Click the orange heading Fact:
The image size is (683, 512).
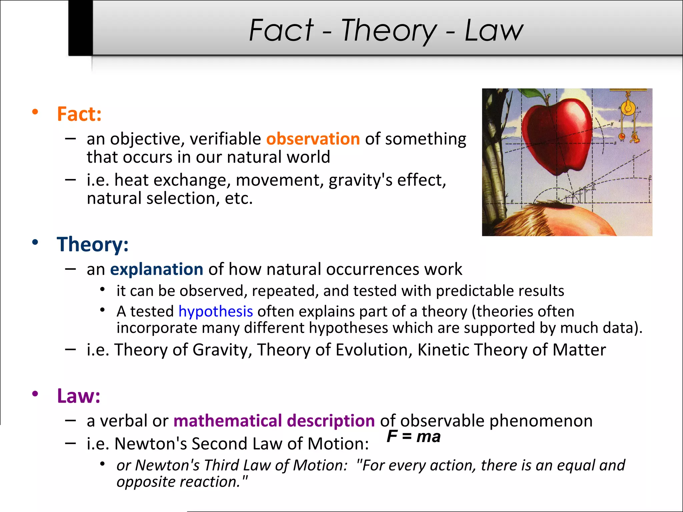point(79,114)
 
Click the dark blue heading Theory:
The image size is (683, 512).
point(92,244)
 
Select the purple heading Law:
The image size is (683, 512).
point(79,396)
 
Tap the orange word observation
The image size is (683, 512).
point(313,139)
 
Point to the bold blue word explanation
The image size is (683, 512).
point(156,269)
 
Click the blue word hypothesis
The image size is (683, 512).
point(215,311)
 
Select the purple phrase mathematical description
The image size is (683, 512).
point(274,421)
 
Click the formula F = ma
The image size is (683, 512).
point(414,436)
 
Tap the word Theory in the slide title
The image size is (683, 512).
point(389,31)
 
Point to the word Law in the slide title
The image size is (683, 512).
point(494,31)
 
